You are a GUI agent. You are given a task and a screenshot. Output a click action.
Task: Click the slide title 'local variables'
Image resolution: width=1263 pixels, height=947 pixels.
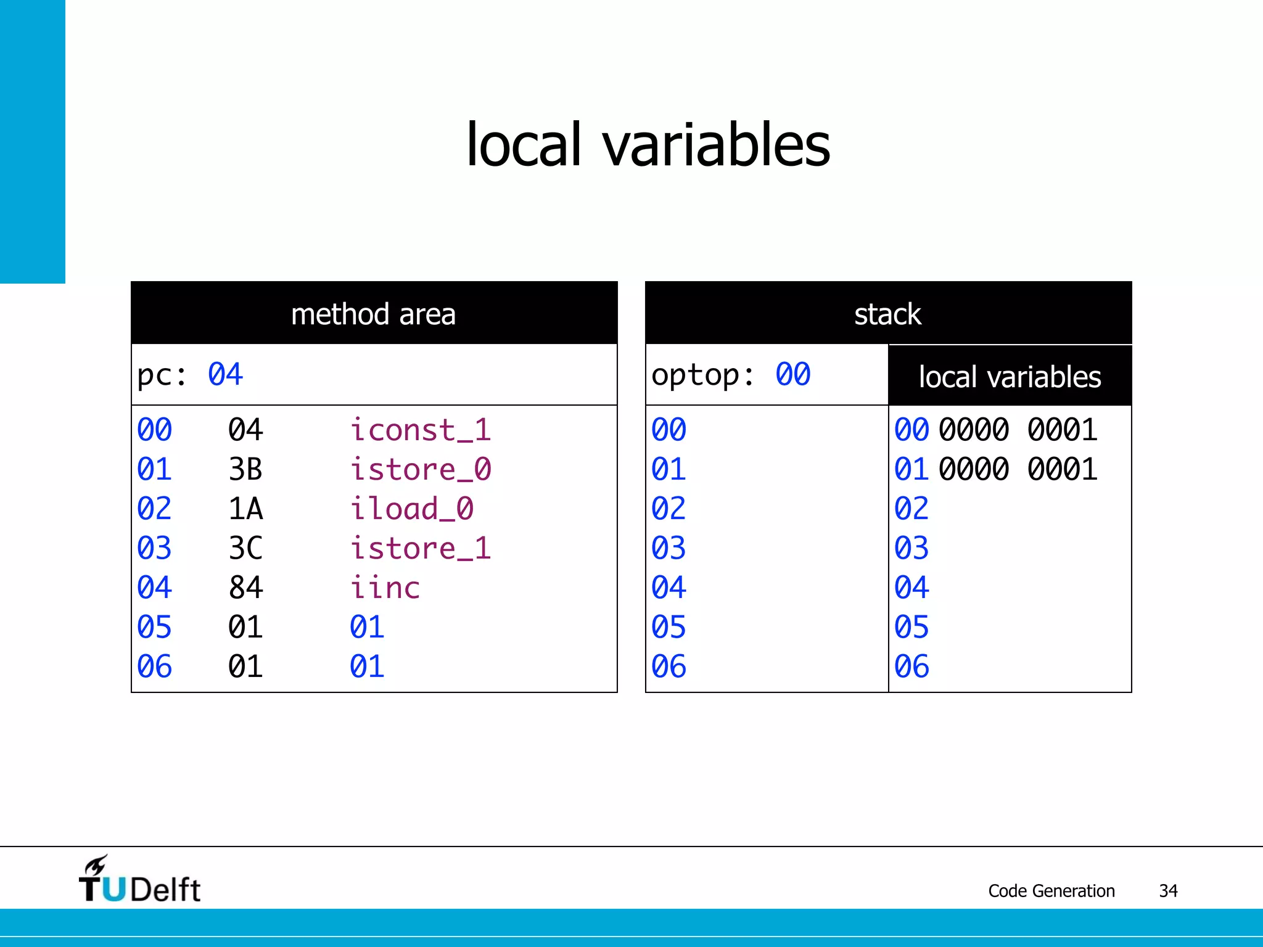(x=648, y=145)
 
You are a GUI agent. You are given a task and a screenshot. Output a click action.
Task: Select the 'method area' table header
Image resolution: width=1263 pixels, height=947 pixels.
(x=374, y=314)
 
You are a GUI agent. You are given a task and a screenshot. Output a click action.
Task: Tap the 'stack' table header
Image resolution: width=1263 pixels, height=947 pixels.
(x=887, y=314)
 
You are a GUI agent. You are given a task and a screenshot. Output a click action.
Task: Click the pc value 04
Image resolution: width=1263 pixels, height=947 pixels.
(x=225, y=374)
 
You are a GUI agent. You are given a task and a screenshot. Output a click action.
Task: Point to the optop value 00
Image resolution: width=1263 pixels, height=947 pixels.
(x=792, y=374)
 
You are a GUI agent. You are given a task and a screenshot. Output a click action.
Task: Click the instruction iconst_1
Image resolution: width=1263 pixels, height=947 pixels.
(x=421, y=430)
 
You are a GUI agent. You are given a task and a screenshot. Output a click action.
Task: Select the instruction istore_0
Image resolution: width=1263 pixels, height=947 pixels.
(x=421, y=469)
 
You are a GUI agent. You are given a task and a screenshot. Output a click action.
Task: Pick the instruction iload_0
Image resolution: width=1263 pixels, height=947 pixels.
(x=411, y=509)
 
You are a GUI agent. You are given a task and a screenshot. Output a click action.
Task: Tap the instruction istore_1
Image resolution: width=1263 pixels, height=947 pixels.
(x=421, y=548)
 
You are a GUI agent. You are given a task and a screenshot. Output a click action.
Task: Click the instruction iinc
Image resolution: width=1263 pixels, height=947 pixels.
(x=385, y=588)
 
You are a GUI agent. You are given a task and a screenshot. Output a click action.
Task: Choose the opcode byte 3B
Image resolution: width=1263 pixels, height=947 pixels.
(x=245, y=469)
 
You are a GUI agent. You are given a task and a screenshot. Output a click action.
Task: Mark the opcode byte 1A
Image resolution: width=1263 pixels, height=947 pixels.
(x=245, y=509)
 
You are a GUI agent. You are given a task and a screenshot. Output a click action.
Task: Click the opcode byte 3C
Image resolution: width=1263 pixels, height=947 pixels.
(x=245, y=548)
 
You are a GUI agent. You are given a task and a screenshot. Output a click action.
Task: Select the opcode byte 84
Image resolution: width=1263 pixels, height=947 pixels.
(x=245, y=588)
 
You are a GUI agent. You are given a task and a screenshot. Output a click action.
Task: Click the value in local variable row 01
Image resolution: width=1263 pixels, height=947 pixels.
(x=1018, y=469)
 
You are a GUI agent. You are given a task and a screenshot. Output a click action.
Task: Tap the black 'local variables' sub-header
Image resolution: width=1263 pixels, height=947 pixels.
(x=1010, y=377)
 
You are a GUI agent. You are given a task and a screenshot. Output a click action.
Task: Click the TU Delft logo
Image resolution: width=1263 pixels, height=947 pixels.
(x=139, y=880)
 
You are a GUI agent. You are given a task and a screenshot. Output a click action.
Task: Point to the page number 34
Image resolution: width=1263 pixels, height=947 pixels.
(x=1168, y=891)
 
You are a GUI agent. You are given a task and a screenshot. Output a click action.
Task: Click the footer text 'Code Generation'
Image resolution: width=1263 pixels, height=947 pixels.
(x=1051, y=891)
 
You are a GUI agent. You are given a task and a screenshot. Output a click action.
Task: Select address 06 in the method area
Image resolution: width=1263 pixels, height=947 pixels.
(x=154, y=666)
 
